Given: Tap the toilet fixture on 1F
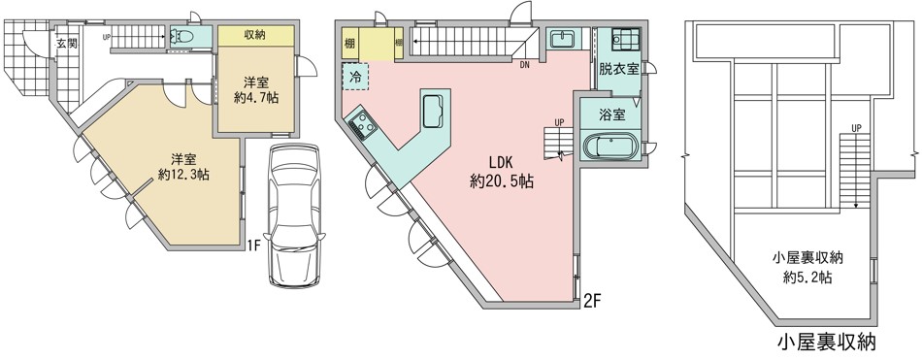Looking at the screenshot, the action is point(182,37).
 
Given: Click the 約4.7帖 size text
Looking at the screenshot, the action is point(256,98).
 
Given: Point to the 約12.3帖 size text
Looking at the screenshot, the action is point(184,174).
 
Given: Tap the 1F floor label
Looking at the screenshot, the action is point(253,245).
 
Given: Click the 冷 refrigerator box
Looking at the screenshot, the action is point(356,77).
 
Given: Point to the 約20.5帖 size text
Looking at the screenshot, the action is point(502,182).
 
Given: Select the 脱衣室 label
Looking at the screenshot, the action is point(618,69).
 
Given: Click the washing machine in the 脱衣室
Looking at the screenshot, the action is point(624,40).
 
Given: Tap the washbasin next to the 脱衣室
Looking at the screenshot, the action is point(563,39).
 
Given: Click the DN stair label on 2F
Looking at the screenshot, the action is point(524,65).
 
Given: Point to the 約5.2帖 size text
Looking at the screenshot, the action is point(807,278).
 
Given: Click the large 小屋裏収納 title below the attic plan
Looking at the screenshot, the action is point(827,343).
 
